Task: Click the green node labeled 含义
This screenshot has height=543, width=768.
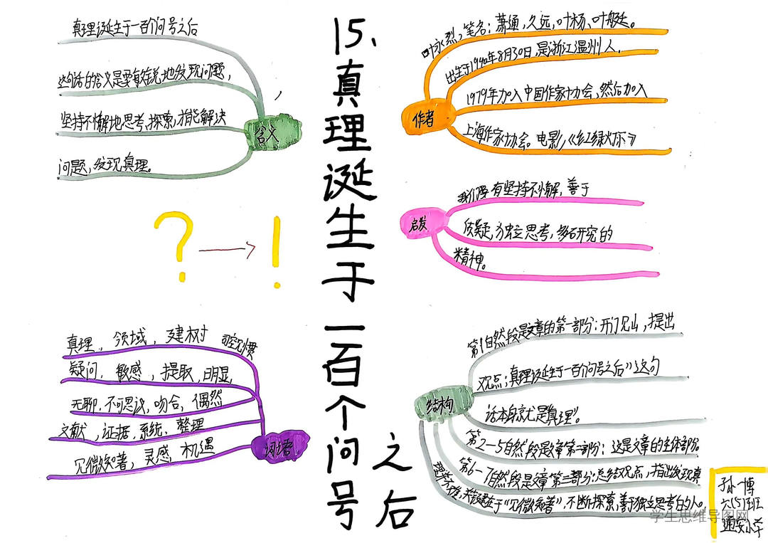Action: (262, 132)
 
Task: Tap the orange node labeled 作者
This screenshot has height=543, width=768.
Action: (423, 120)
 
